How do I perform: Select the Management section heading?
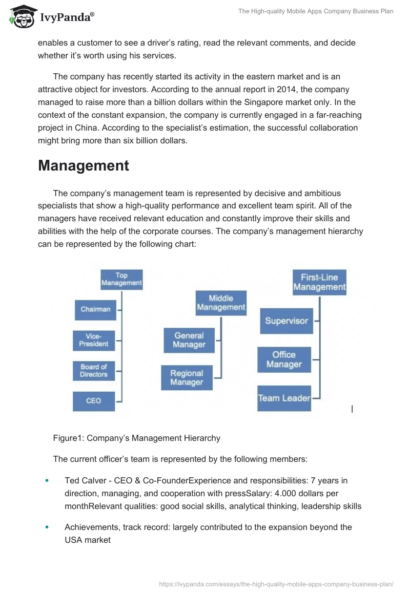click(x=84, y=165)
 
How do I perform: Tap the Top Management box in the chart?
click(x=121, y=279)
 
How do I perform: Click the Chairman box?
click(x=95, y=309)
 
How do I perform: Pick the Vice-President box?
click(x=94, y=340)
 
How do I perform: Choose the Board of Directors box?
click(x=94, y=370)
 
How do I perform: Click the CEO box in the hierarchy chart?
click(x=94, y=400)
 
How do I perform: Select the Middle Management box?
click(x=221, y=303)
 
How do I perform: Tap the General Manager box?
click(x=189, y=341)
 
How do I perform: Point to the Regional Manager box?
click(x=187, y=378)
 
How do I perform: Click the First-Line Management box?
click(x=319, y=282)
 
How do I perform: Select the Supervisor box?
click(x=286, y=321)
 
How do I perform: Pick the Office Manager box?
click(x=284, y=359)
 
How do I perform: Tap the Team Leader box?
click(x=284, y=398)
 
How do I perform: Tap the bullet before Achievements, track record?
click(x=48, y=527)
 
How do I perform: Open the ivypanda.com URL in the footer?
click(x=276, y=583)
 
